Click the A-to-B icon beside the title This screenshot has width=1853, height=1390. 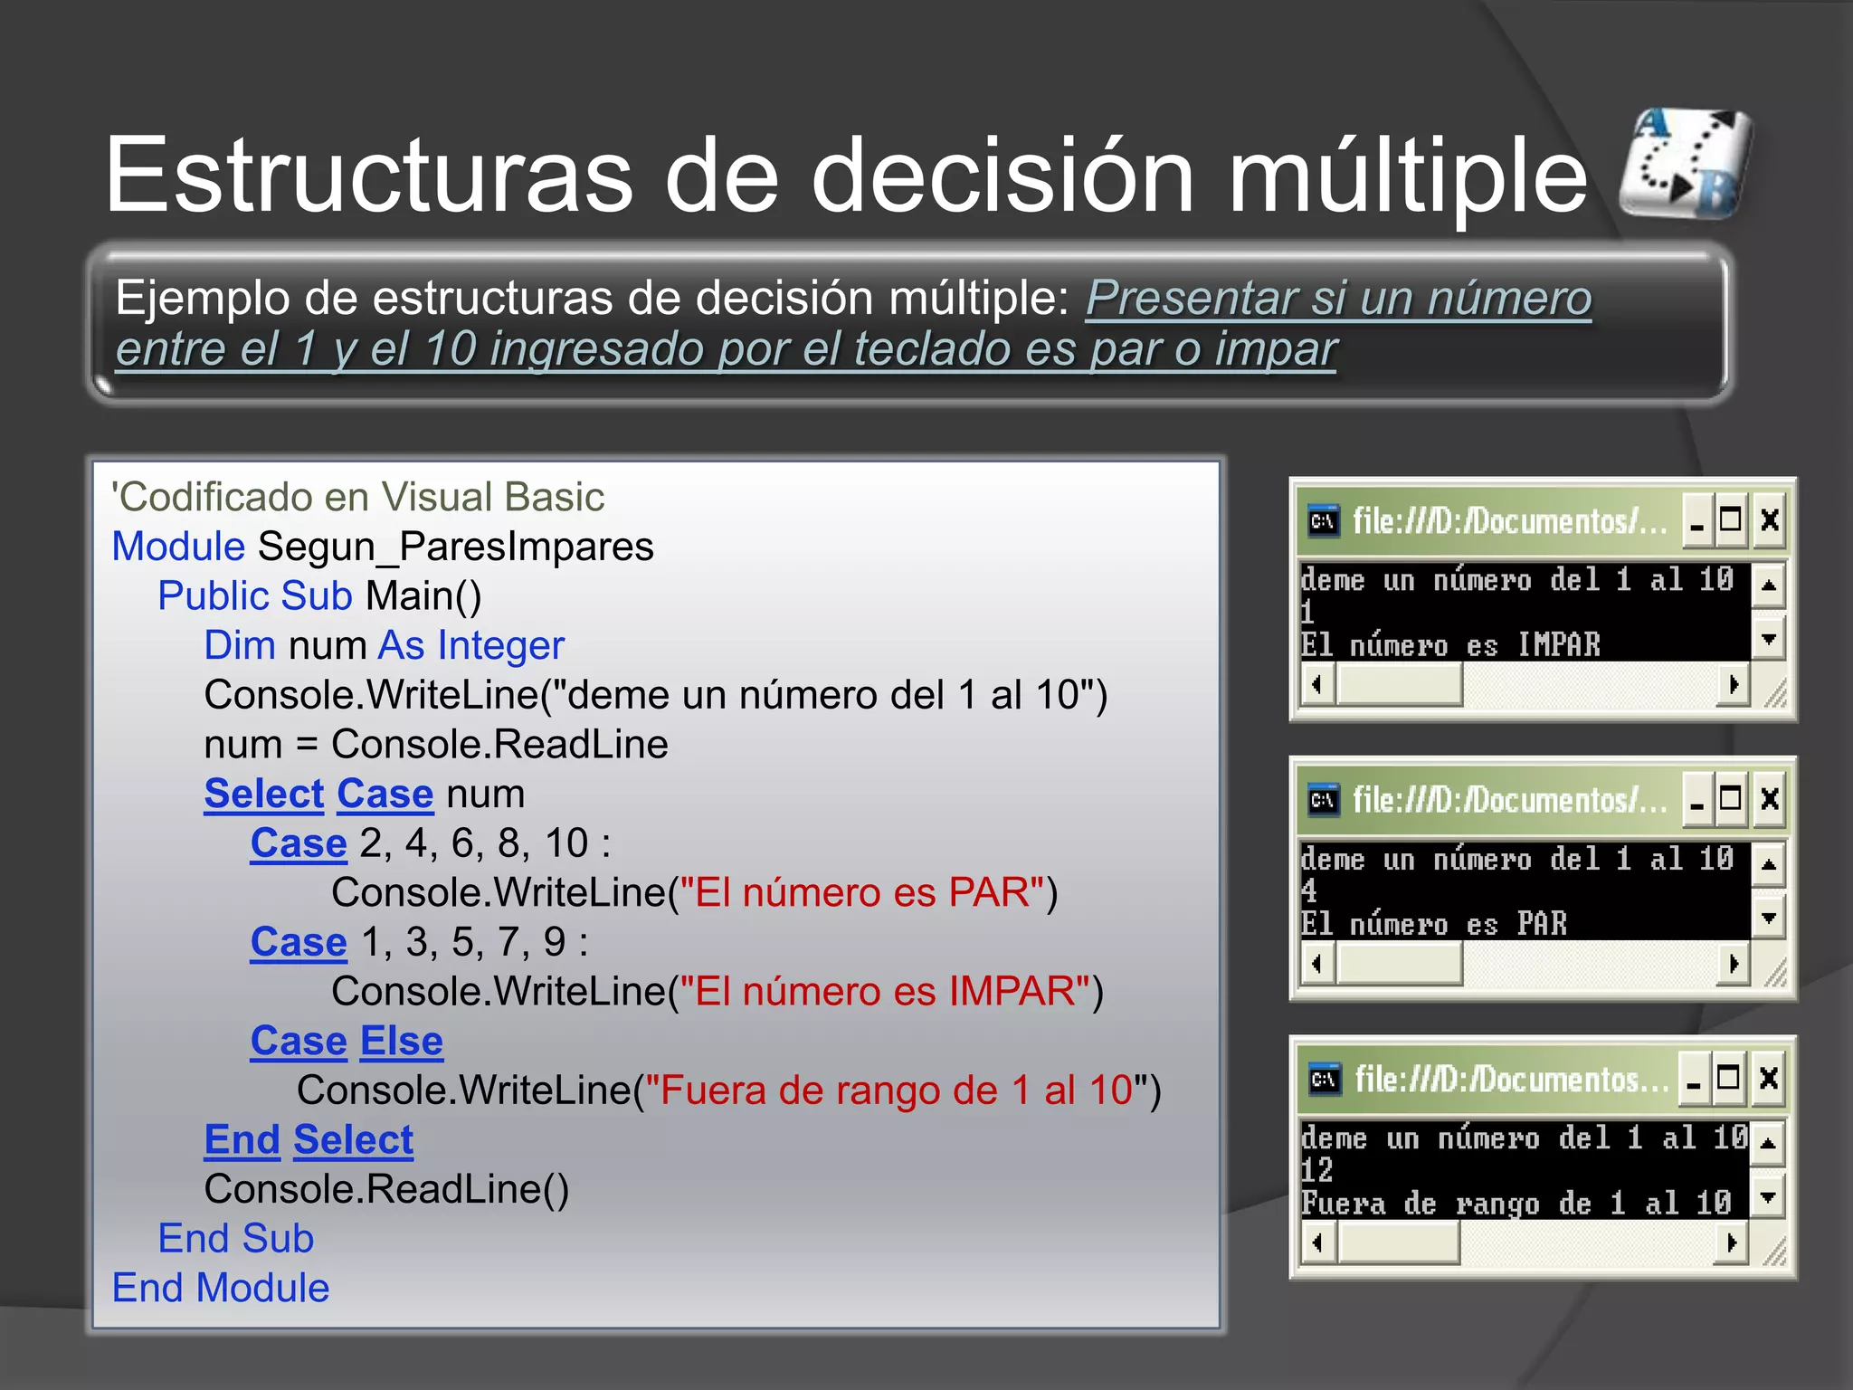point(1685,164)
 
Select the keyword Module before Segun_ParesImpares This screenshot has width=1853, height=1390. point(178,547)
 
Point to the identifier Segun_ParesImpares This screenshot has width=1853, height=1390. point(455,547)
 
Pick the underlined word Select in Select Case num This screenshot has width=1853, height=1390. point(263,794)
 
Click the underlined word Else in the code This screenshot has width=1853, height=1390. point(401,1041)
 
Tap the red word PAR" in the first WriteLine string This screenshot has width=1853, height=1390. point(996,892)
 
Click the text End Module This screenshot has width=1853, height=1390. point(221,1288)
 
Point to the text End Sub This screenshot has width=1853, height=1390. point(235,1238)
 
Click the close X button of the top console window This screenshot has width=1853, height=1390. point(1769,520)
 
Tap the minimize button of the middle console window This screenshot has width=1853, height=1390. point(1697,801)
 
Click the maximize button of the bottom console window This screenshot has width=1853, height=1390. point(1728,1079)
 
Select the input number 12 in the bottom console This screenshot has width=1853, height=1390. point(1316,1170)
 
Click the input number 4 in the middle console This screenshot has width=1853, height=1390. point(1308,890)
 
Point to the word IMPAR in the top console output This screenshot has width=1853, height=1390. point(1558,644)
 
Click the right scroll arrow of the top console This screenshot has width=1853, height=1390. point(1733,684)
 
